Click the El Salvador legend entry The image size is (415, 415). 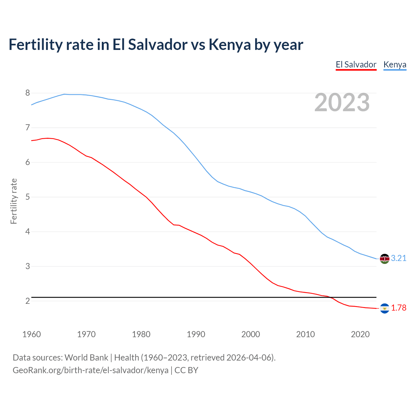tap(356, 65)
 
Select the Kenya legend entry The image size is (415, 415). tap(395, 65)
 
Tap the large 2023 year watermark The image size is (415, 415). tap(342, 102)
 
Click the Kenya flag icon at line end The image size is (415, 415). tap(385, 259)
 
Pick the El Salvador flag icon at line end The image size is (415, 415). tap(385, 308)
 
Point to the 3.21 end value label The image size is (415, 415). tap(398, 258)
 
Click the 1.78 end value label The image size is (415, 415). tap(398, 308)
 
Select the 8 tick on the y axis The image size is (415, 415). tap(28, 93)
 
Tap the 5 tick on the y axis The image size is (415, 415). tap(28, 197)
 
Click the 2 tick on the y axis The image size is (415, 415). tap(28, 301)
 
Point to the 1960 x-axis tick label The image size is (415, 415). tap(31, 334)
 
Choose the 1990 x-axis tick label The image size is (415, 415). tap(196, 334)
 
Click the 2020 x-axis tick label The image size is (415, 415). tap(360, 334)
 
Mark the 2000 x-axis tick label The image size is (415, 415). tap(251, 334)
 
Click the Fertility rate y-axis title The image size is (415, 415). tap(14, 201)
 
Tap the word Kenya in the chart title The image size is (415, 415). tap(230, 44)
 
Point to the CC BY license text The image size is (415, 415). tap(186, 370)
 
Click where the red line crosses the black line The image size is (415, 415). tap(331, 297)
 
